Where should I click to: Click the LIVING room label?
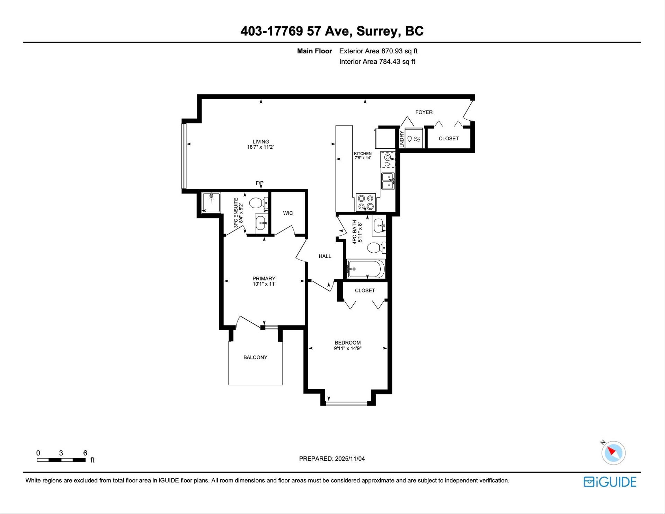pos(260,141)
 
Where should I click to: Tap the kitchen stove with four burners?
pos(366,202)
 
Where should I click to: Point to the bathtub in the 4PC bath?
pos(366,269)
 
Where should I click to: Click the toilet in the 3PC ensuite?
pos(258,203)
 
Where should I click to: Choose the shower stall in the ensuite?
pos(211,202)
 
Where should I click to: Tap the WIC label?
pos(288,213)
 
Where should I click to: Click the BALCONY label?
pos(255,357)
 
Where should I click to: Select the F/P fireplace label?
pos(259,183)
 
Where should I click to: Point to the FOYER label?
pos(424,112)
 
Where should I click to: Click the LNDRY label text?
pos(402,139)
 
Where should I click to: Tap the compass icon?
pos(613,453)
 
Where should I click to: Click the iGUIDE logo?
pos(610,482)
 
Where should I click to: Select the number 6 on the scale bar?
pos(85,453)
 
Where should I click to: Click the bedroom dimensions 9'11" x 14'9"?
pos(348,348)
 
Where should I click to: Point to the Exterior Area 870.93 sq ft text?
pos(378,51)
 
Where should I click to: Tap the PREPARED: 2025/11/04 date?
pos(332,459)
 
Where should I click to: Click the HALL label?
pos(325,256)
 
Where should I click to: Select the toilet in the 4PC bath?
pos(376,248)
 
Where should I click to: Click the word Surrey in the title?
pos(377,31)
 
